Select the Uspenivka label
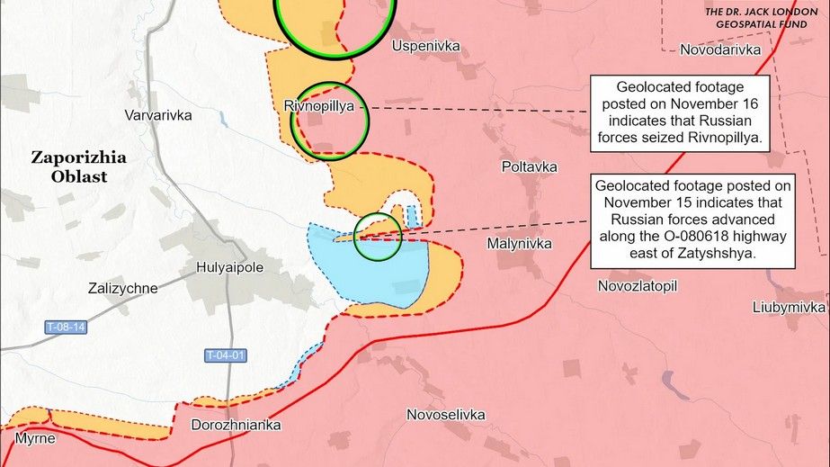425,44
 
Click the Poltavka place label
529,167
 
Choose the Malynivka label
519,244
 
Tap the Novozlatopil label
637,285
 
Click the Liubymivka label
789,307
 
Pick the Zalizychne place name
123,289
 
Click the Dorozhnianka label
237,425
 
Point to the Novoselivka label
446,415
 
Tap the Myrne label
35,439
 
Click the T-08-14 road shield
67,328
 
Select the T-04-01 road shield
225,355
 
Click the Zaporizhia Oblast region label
78,166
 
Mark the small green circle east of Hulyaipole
378,237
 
